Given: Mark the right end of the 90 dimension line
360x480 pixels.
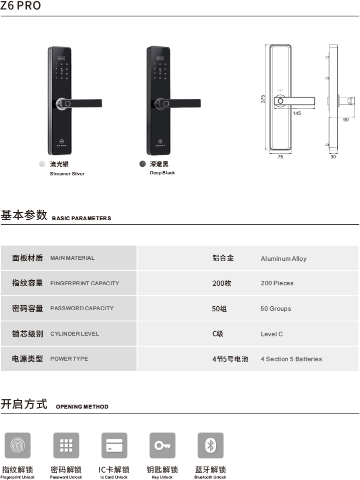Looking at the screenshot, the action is click(x=355, y=117).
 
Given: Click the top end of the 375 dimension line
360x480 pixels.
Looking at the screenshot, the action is click(x=266, y=44).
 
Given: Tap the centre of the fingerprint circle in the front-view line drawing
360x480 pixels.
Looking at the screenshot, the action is click(x=280, y=101).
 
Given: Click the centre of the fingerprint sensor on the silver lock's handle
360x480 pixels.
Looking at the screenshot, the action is click(x=67, y=103).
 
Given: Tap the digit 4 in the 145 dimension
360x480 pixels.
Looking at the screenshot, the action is click(x=297, y=113).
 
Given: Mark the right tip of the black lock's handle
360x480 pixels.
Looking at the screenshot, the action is click(x=200, y=103).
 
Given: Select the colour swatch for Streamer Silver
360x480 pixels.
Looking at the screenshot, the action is click(x=42, y=164).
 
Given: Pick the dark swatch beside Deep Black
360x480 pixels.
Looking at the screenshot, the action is click(x=142, y=164).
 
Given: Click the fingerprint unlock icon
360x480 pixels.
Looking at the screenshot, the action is click(x=17, y=446).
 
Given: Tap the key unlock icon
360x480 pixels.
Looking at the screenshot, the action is click(x=162, y=446).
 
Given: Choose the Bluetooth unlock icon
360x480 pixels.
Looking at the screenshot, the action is click(x=210, y=446).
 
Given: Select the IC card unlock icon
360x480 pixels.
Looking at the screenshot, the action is click(x=114, y=446).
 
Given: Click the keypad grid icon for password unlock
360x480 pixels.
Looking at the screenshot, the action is click(x=66, y=446).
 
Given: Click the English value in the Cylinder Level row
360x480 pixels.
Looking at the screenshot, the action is click(x=272, y=334).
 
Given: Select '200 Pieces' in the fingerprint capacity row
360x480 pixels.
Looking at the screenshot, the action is click(x=277, y=283).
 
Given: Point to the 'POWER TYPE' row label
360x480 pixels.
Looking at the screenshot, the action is click(x=69, y=359).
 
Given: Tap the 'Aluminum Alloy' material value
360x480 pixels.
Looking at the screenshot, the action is click(x=283, y=259).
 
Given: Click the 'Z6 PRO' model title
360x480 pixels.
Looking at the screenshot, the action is click(x=20, y=5).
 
